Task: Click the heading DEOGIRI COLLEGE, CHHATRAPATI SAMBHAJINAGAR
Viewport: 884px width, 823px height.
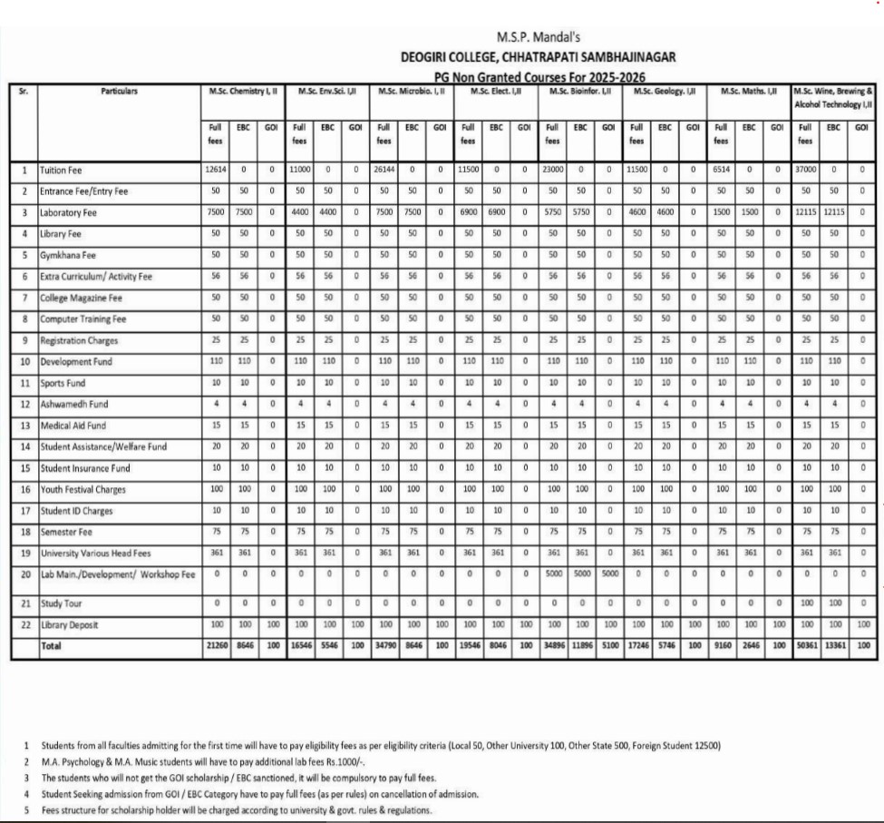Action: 538,56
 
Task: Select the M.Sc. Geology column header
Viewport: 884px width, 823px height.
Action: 665,91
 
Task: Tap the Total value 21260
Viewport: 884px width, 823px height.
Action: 215,645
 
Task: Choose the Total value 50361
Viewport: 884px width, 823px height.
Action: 804,645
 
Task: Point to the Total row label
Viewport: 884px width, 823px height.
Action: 53,645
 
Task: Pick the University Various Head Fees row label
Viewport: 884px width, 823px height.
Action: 94,554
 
